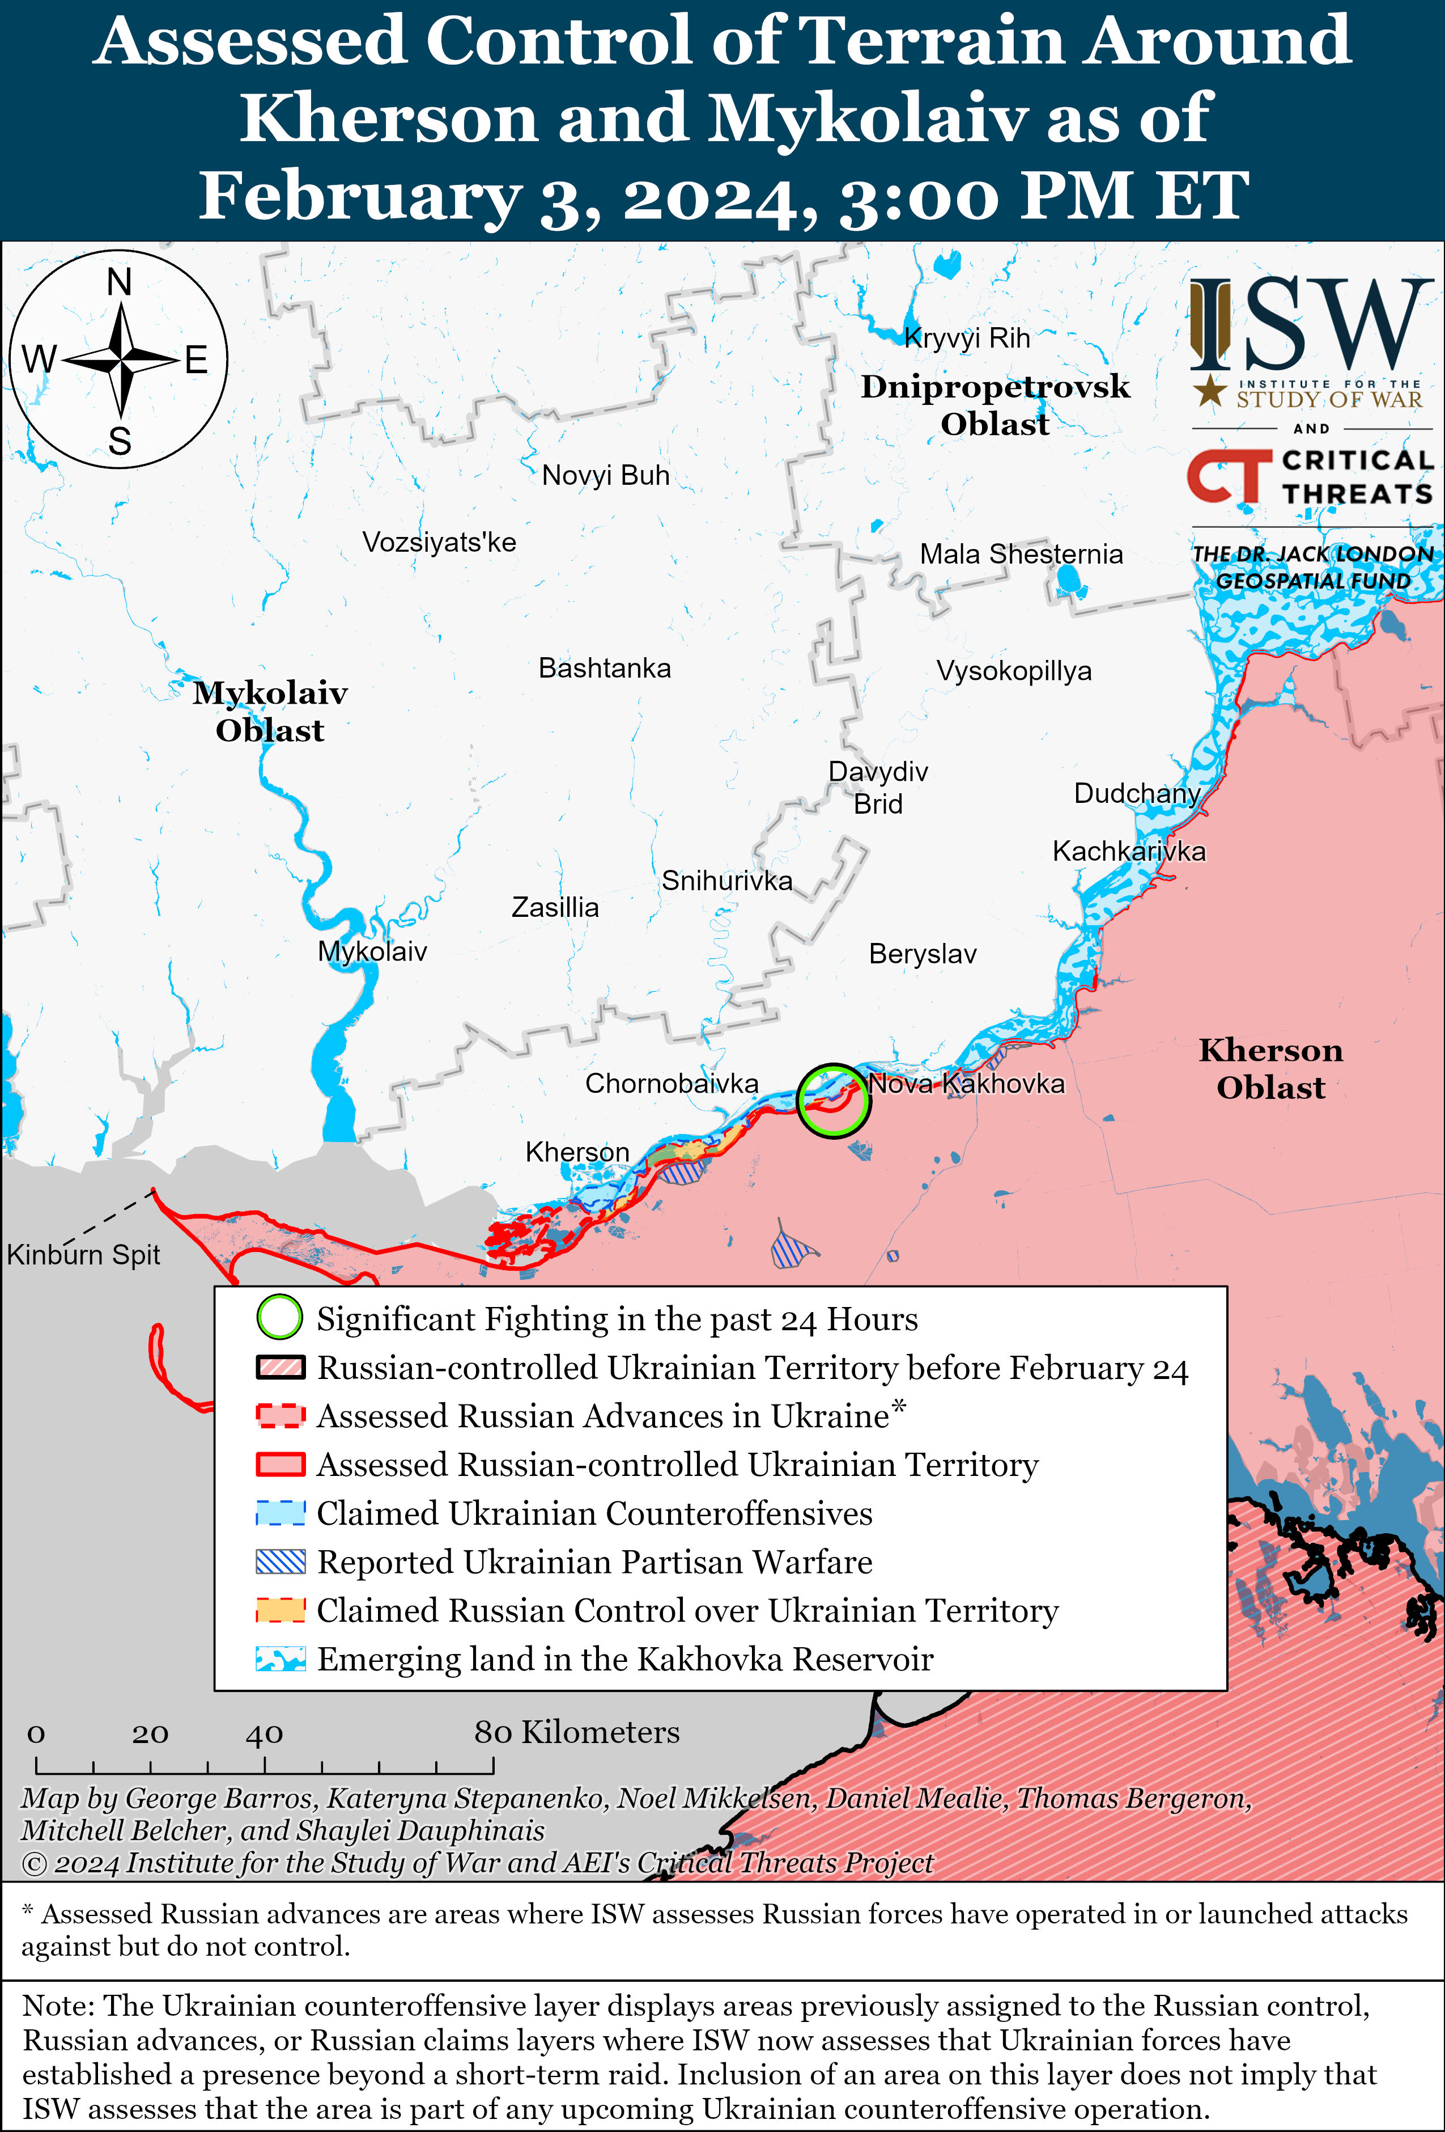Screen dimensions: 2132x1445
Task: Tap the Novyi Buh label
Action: pyautogui.click(x=605, y=475)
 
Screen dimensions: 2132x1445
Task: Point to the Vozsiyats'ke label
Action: pyautogui.click(x=439, y=542)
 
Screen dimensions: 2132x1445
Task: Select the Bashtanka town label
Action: pyautogui.click(x=604, y=668)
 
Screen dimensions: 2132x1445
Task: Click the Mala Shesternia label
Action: pyautogui.click(x=1021, y=554)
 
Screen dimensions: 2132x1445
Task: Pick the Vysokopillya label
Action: pyautogui.click(x=1013, y=671)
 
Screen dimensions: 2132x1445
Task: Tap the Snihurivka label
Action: pyautogui.click(x=727, y=881)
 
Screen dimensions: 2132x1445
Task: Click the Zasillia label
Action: pyautogui.click(x=555, y=907)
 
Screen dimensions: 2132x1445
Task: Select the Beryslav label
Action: pyautogui.click(x=923, y=954)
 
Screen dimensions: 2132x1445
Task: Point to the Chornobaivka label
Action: pyautogui.click(x=671, y=1084)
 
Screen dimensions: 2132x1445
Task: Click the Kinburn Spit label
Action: pyautogui.click(x=83, y=1254)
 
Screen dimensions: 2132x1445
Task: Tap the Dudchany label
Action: pyautogui.click(x=1137, y=793)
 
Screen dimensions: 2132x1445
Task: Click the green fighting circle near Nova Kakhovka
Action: pyautogui.click(x=832, y=1100)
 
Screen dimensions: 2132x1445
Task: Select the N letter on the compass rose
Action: pyautogui.click(x=119, y=282)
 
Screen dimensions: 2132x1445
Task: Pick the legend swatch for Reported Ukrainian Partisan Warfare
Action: pyautogui.click(x=280, y=1562)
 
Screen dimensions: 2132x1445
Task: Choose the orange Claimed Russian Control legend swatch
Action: pyautogui.click(x=280, y=1610)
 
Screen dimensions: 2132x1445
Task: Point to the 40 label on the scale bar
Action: pyautogui.click(x=264, y=1733)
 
